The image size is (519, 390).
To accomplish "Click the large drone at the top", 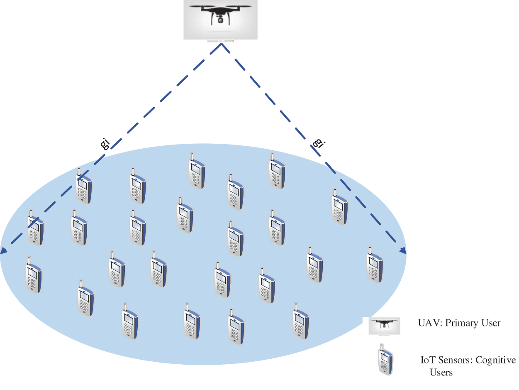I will coord(220,15).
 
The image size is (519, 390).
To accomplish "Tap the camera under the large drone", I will coord(220,20).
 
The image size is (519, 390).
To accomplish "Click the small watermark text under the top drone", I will coord(220,41).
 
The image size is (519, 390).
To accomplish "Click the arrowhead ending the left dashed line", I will coord(4,250).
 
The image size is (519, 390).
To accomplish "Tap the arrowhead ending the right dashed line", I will coord(402,250).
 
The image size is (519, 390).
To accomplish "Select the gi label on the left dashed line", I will coord(105,143).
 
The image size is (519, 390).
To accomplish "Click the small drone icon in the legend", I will coord(385,326).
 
